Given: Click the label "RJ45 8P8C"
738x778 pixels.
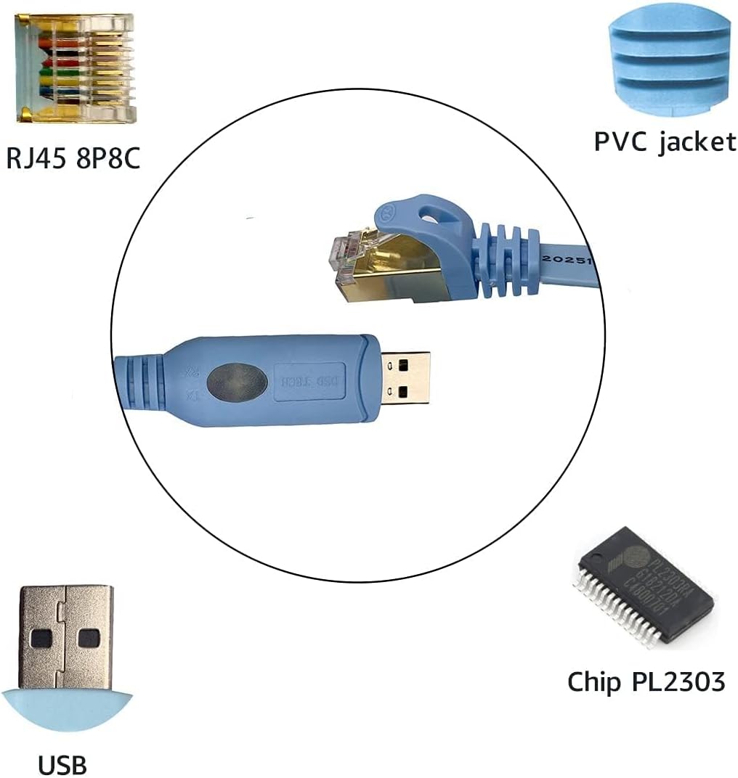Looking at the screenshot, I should pyautogui.click(x=73, y=157).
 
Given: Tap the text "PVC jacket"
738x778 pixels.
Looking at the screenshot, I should pyautogui.click(x=665, y=142).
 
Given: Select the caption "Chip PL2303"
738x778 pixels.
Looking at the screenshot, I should pyautogui.click(x=646, y=681).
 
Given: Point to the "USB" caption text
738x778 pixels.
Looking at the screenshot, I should pyautogui.click(x=62, y=764).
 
